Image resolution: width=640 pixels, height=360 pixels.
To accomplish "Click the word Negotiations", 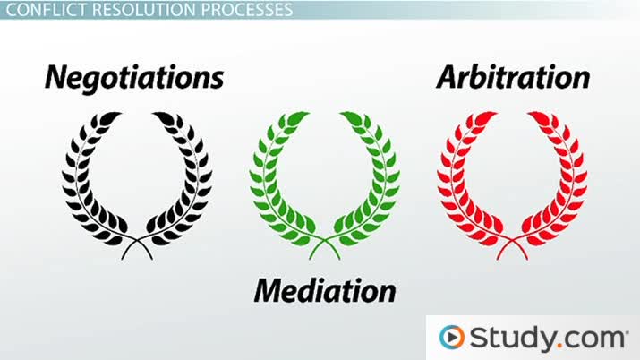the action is pyautogui.click(x=134, y=78).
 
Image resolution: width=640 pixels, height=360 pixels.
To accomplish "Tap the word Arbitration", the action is pyautogui.click(x=513, y=77).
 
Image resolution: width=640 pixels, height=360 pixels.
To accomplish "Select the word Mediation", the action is pyautogui.click(x=325, y=291).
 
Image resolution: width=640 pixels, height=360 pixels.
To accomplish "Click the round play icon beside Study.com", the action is pyautogui.click(x=452, y=337).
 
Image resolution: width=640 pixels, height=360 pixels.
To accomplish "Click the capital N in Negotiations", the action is pyautogui.click(x=57, y=77).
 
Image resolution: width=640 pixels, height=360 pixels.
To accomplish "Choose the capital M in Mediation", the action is pyautogui.click(x=271, y=291).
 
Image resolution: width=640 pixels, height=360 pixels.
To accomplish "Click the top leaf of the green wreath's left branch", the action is pyautogui.click(x=298, y=117).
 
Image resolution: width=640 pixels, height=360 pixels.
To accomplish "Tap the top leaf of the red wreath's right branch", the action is pyautogui.click(x=539, y=117).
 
